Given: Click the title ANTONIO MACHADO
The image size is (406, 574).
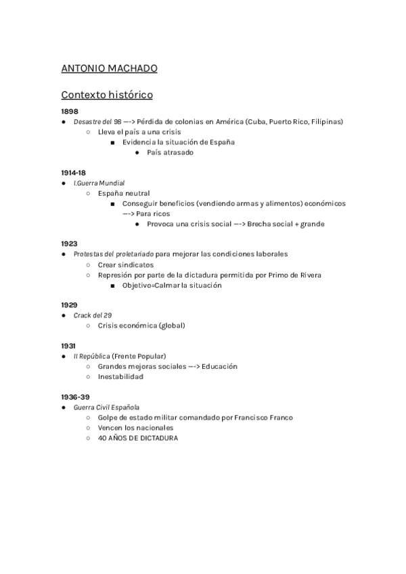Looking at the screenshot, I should [x=109, y=68].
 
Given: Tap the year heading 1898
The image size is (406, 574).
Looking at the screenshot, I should [x=70, y=111].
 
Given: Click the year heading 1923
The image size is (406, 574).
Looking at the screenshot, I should [x=69, y=244].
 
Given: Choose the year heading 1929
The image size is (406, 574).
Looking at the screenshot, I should [x=69, y=305].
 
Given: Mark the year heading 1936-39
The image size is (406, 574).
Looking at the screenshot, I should [x=75, y=397].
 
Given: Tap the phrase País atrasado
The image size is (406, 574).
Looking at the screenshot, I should [x=170, y=152].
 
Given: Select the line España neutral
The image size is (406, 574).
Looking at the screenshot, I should [x=124, y=193].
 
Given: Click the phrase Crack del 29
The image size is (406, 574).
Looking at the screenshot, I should [x=93, y=315].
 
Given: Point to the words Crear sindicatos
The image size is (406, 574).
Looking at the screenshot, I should [x=126, y=265].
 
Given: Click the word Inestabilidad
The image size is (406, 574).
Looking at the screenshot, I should [x=120, y=376].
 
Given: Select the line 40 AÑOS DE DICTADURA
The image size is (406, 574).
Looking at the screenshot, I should [x=138, y=438].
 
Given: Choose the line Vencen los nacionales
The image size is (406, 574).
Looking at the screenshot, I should [x=135, y=428].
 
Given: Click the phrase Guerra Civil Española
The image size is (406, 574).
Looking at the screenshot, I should [x=106, y=407].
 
